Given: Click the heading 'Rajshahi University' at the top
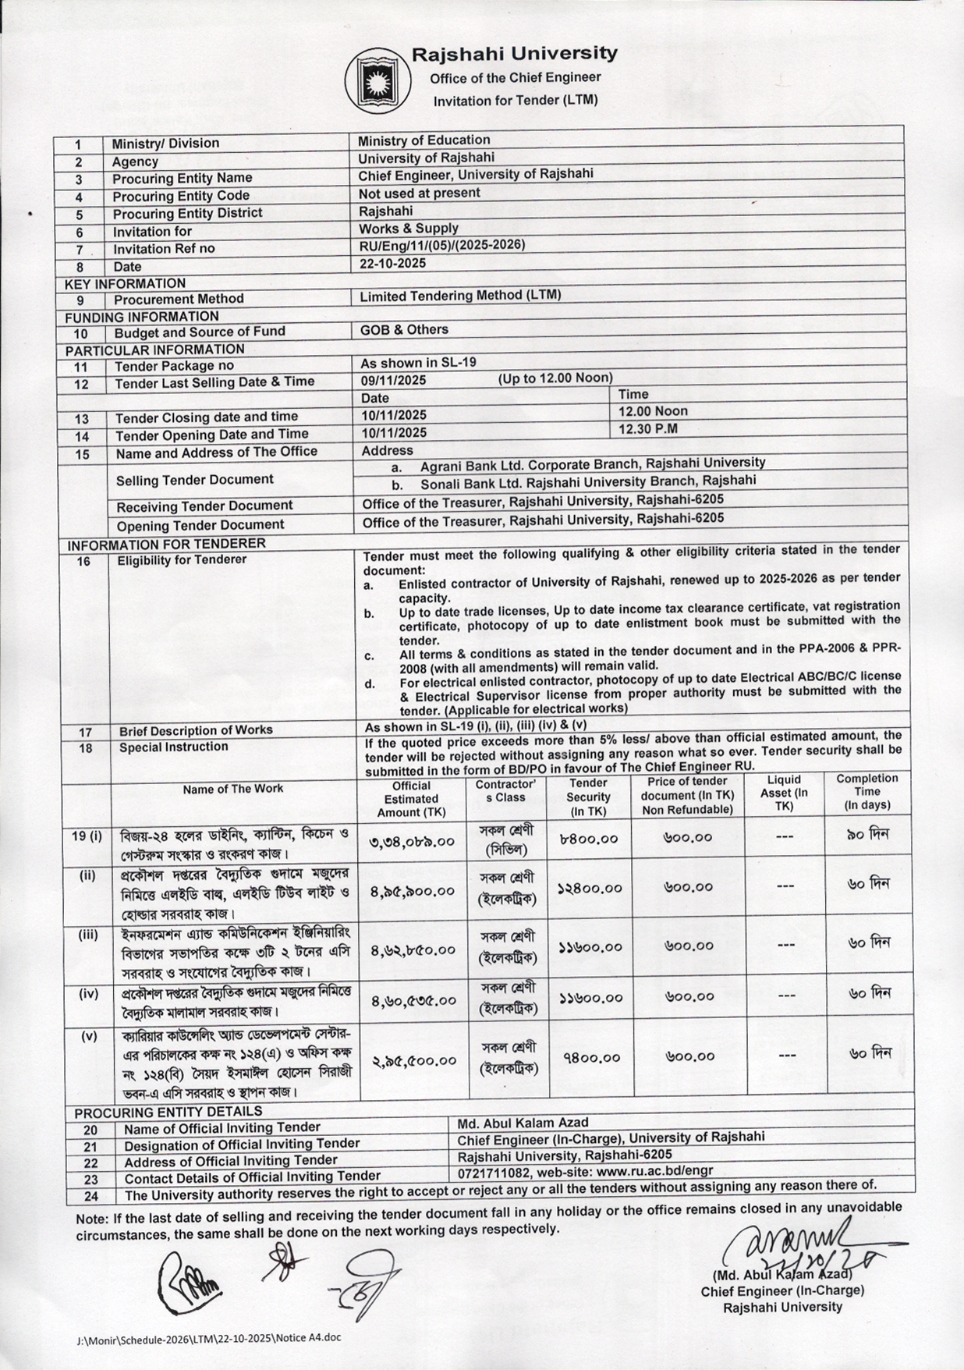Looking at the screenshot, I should coord(515,54).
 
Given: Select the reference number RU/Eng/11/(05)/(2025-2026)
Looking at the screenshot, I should coord(441,245).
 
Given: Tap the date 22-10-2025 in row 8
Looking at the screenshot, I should coord(392,264).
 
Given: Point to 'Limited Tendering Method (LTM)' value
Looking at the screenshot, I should coord(460,296).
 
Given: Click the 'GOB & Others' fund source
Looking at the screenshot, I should coord(404,330).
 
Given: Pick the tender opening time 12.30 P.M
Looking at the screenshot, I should coord(648,428).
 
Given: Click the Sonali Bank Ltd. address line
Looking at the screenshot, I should coord(588,481).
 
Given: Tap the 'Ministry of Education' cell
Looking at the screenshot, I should coord(424,140).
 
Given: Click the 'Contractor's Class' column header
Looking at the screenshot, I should coord(505,791).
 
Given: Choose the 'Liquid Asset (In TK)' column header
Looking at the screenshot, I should coord(784,792).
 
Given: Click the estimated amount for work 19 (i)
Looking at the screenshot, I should coord(413,842).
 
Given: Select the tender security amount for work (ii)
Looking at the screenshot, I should coord(589,889).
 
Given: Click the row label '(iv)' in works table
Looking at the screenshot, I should coord(88,994).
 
